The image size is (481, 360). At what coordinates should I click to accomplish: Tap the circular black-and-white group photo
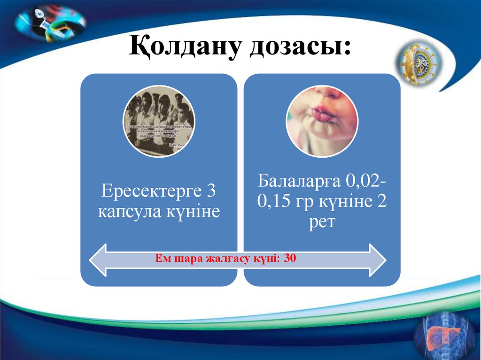(x=159, y=121)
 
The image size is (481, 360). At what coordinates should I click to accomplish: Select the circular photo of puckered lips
(x=322, y=121)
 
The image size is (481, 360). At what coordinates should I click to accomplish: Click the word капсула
(x=128, y=212)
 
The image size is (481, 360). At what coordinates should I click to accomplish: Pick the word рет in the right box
(x=322, y=222)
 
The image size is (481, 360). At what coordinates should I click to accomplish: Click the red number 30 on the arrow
(x=290, y=258)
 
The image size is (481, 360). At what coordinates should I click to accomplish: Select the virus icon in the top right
(x=418, y=63)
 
